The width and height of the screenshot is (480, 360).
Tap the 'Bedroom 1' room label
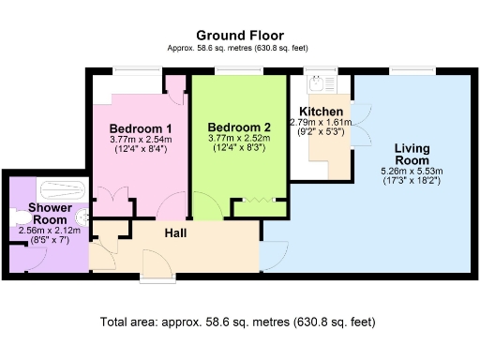coord(141,128)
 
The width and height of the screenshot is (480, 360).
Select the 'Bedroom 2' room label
coord(239,127)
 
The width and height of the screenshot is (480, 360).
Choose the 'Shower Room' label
coord(44,213)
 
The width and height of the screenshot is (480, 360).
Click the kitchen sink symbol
coord(318,83)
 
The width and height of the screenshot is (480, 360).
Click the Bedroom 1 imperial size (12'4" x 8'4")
coord(141,149)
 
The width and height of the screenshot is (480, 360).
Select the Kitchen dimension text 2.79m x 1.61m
coord(321,122)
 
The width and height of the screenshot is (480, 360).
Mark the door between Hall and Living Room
coord(274,249)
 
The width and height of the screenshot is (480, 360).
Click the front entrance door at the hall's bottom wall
coord(153,262)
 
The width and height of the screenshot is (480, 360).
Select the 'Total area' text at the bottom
coord(238,322)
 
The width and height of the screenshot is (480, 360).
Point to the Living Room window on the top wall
coord(409,70)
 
